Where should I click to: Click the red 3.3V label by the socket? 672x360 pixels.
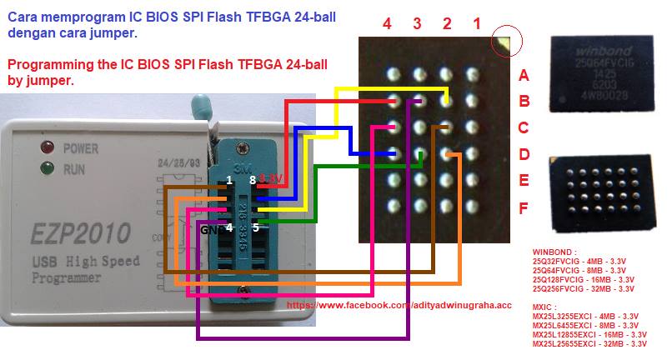(x=272, y=178)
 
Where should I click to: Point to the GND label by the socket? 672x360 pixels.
(x=210, y=227)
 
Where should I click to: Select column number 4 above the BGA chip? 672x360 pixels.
(x=387, y=24)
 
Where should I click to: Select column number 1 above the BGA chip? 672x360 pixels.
(x=476, y=24)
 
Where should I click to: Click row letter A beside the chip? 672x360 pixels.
(x=524, y=76)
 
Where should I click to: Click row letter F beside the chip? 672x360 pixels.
(x=524, y=207)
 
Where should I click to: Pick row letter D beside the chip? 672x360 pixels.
(x=524, y=155)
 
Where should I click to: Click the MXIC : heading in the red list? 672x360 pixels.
(x=546, y=307)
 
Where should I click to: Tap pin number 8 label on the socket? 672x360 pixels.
(x=251, y=179)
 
